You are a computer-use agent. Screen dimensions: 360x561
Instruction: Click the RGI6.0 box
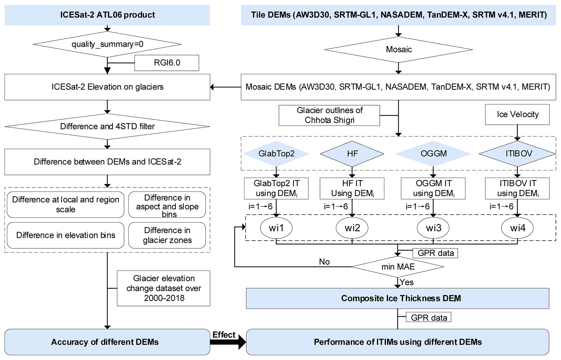click(167, 63)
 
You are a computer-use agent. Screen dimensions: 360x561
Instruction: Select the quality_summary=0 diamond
click(107, 44)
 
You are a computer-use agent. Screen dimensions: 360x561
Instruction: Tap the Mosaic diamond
click(398, 49)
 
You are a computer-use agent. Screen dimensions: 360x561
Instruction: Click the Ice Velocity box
click(517, 114)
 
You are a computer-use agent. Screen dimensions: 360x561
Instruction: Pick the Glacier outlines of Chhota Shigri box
click(329, 115)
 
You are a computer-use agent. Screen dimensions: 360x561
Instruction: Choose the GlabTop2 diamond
click(276, 154)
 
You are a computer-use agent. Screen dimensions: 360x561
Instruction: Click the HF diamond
click(352, 154)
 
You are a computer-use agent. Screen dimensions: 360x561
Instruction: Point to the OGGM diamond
click(433, 154)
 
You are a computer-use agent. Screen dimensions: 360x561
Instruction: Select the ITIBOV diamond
click(517, 154)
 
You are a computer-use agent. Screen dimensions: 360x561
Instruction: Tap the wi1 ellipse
click(276, 228)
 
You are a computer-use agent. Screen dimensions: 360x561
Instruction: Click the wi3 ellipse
click(433, 228)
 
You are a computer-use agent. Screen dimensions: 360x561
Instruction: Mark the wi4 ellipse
click(517, 228)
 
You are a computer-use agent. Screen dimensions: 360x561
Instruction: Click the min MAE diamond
click(398, 267)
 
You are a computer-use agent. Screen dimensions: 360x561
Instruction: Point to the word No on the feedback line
click(324, 262)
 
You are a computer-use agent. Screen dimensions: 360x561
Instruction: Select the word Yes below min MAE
click(407, 282)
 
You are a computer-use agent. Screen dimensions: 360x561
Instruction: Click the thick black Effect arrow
click(228, 342)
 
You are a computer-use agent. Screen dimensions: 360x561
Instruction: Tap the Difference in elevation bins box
click(65, 235)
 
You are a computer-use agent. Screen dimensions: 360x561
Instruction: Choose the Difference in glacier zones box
click(167, 235)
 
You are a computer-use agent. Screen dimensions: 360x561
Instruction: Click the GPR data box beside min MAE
click(435, 253)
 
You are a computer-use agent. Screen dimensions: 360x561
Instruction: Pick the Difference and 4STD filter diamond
click(107, 127)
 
